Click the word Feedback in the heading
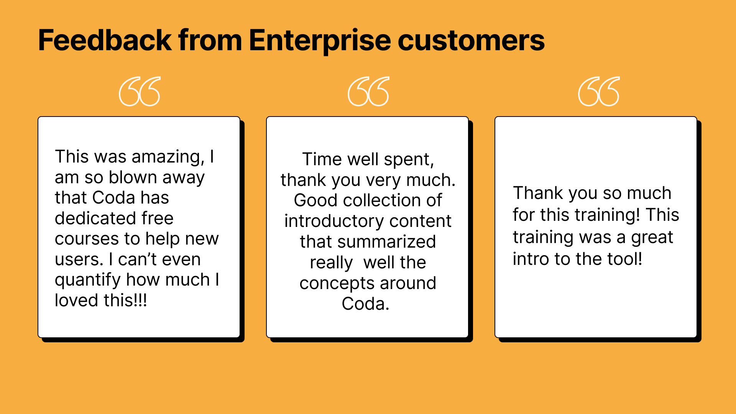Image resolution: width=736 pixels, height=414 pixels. click(105, 40)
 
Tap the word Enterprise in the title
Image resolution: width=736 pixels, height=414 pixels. click(320, 41)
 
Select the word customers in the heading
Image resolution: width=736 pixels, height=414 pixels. click(471, 41)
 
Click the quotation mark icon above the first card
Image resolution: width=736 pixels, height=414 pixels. click(140, 91)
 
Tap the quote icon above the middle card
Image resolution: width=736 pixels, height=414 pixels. click(368, 91)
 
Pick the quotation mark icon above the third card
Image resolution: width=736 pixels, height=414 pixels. click(599, 91)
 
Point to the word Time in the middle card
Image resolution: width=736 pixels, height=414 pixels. click(321, 159)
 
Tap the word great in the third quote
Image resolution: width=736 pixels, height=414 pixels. click(652, 238)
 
